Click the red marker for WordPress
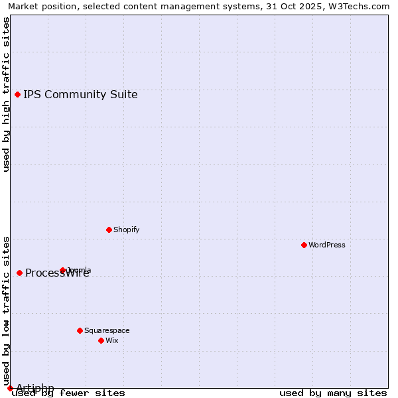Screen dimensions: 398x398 (x=304, y=245)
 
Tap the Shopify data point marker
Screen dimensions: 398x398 (x=109, y=230)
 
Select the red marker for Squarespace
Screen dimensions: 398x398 (x=80, y=330)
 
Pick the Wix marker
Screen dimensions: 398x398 (x=101, y=340)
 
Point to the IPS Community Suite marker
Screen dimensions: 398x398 (x=18, y=94)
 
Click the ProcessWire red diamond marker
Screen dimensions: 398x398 (x=19, y=273)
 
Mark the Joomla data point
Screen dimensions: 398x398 (x=63, y=270)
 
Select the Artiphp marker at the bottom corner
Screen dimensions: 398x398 (x=10, y=388)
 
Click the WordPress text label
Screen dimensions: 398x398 (x=327, y=245)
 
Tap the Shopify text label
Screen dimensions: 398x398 (x=126, y=230)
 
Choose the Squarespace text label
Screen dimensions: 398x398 (x=107, y=330)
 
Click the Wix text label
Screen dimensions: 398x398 (x=112, y=340)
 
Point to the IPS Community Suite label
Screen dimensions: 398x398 (x=80, y=94)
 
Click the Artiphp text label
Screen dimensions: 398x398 (x=35, y=388)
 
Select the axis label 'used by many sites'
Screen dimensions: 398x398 (x=333, y=393)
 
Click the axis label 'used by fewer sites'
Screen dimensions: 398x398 (x=69, y=393)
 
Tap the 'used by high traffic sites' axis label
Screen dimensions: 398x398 (x=7, y=94)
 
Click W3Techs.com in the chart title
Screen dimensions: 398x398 (x=362, y=7)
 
